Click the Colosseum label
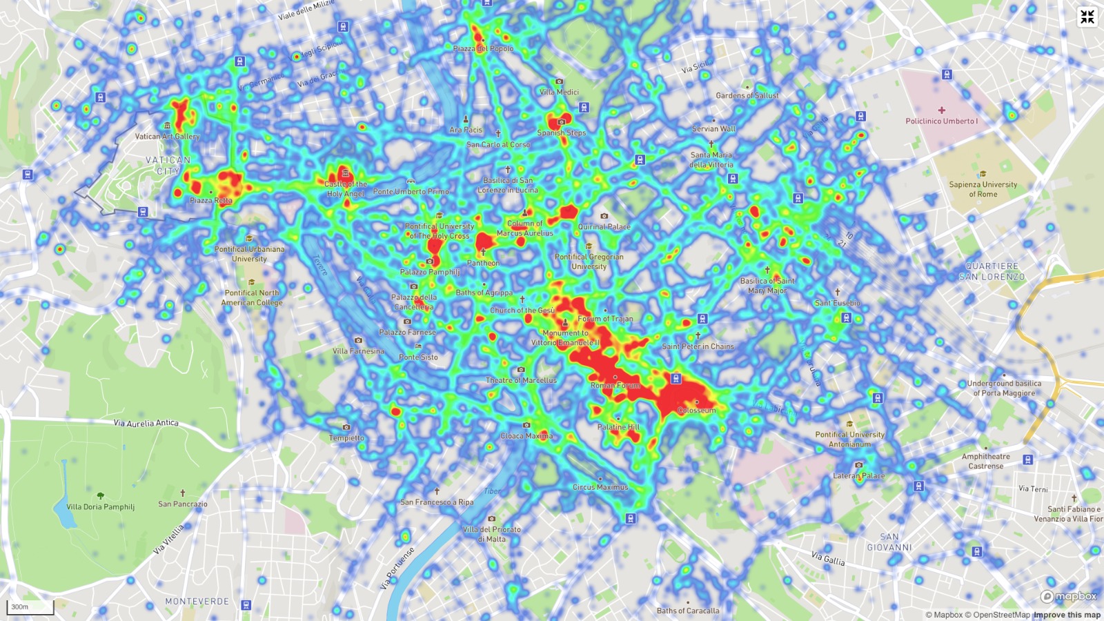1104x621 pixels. (696, 410)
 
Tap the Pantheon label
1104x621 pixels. (483, 263)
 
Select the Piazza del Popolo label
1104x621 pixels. (483, 48)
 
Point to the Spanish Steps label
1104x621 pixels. (561, 132)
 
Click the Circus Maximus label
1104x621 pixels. (600, 486)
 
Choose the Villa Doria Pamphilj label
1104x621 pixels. (100, 506)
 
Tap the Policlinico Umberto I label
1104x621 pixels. (941, 121)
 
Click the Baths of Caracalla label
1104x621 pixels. (687, 611)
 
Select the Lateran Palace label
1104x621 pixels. (858, 475)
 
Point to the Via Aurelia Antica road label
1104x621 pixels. (146, 422)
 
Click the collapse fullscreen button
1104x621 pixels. (1087, 17)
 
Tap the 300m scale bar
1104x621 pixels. (30, 607)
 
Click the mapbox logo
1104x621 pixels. (1069, 597)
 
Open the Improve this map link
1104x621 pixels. (1067, 615)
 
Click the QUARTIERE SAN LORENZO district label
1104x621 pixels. (992, 271)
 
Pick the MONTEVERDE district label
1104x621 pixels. (197, 601)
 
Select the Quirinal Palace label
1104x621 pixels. (604, 226)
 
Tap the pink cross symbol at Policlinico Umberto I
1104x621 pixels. (941, 110)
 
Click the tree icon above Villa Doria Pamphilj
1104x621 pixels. (101, 495)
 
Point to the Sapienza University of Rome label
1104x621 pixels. (983, 189)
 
